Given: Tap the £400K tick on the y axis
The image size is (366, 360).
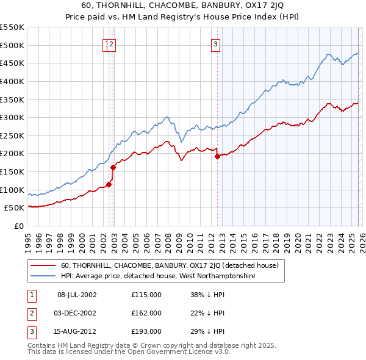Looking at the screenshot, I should tap(12, 81).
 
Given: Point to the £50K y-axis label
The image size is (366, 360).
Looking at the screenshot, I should tap(14, 208).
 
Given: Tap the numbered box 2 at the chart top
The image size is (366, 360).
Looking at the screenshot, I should tap(113, 43).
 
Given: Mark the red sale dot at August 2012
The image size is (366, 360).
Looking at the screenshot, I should tap(217, 156).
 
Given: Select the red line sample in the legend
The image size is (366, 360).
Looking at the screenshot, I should tap(43, 265).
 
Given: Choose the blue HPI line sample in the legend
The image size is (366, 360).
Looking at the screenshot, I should tap(43, 276).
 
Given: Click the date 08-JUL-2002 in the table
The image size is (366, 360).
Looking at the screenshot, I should tap(76, 295).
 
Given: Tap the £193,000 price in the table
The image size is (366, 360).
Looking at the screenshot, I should tap(146, 331).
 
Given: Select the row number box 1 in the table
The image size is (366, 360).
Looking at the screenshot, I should tap(30, 295).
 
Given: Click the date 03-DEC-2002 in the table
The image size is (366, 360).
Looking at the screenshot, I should tap(76, 313).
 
